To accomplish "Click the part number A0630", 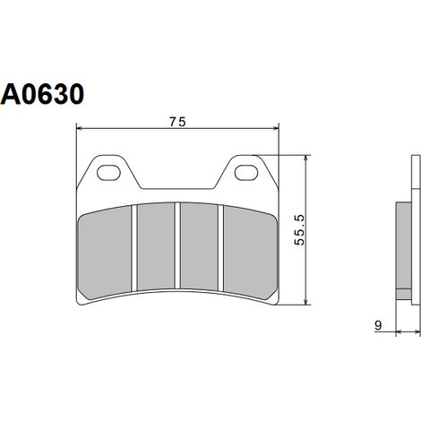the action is point(42,94).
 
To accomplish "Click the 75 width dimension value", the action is point(177,122).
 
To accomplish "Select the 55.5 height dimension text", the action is point(299,230).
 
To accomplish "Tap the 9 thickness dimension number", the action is point(378,325).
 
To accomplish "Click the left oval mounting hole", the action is point(109,172).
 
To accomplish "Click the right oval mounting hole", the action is point(246,172).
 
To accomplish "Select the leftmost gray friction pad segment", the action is point(105,253).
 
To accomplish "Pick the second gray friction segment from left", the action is point(155,246).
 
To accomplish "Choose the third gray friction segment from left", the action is point(199,246).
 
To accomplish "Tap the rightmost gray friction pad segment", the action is point(250,253).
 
